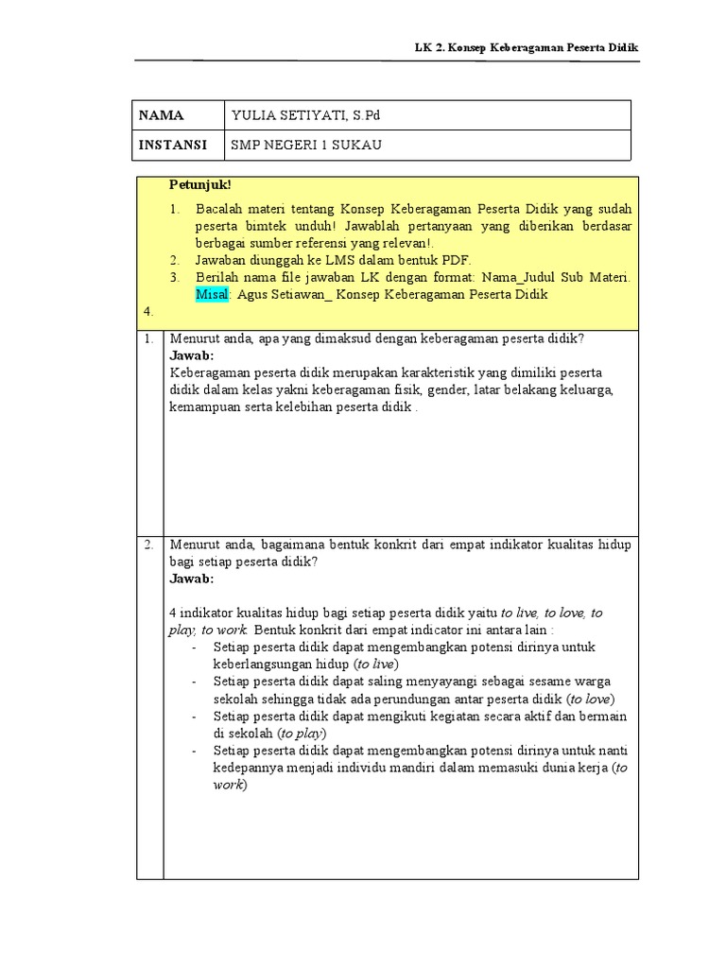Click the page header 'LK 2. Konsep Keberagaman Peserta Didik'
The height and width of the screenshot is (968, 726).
point(527,47)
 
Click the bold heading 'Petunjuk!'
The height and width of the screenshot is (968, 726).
point(200,183)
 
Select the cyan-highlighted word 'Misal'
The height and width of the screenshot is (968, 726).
point(212,294)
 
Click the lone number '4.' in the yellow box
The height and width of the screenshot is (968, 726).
point(147,310)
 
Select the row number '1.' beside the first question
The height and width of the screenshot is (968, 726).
point(149,338)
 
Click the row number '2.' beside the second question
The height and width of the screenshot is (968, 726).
point(149,544)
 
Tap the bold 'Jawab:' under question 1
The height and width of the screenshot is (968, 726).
point(192,355)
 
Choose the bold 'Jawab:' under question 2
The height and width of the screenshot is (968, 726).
point(192,579)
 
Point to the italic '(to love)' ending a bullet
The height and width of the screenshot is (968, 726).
point(591,699)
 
